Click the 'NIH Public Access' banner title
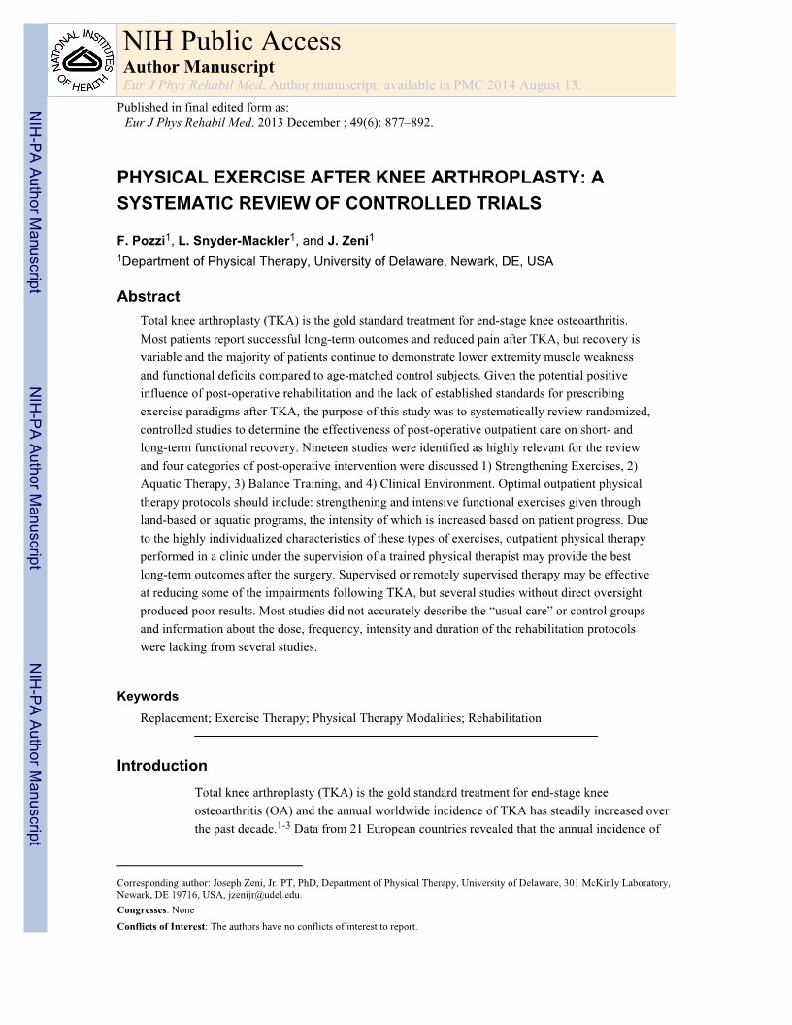(231, 41)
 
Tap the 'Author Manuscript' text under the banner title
(199, 67)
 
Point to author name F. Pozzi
(142, 240)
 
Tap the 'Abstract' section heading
(148, 297)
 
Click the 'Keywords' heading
(148, 696)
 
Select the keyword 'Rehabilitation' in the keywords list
(504, 718)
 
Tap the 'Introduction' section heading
(161, 766)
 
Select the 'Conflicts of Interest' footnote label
(160, 926)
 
